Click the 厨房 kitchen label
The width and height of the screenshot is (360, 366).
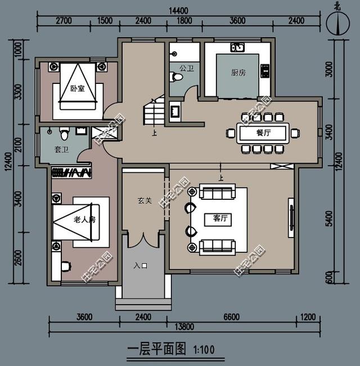(x=238, y=73)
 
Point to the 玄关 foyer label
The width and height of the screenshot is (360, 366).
(x=145, y=200)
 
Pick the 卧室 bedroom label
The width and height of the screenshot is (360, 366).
(x=76, y=88)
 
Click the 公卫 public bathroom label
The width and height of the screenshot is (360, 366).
(x=187, y=68)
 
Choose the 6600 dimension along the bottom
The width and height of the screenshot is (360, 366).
(x=231, y=317)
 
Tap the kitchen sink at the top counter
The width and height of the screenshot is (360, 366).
(x=238, y=47)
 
